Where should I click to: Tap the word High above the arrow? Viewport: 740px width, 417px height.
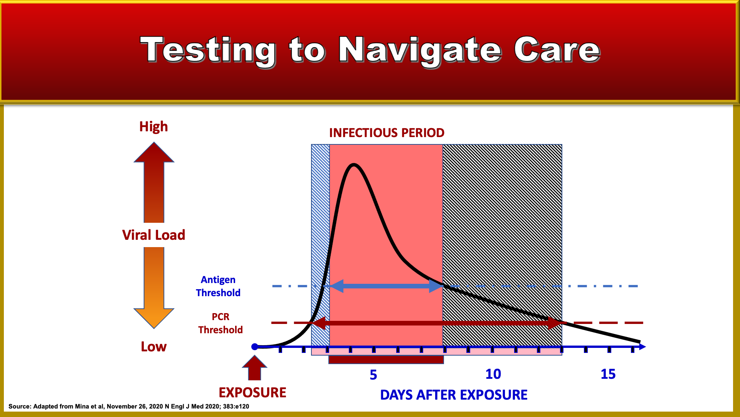(153, 127)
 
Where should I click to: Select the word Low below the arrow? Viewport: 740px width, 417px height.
(153, 346)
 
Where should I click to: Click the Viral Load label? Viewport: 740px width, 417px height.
(153, 235)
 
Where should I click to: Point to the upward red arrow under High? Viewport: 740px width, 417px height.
(154, 182)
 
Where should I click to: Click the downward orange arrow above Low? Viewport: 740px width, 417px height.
(154, 288)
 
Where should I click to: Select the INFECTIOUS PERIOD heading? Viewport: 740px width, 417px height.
(387, 133)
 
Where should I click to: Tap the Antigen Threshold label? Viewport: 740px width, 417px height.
(218, 286)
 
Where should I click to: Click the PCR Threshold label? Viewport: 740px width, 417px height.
(220, 323)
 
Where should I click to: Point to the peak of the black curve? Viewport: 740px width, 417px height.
(354, 165)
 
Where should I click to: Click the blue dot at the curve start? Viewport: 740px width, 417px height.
(255, 347)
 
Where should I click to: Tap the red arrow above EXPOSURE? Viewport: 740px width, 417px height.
(254, 368)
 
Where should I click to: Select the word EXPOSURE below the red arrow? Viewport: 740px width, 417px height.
(252, 392)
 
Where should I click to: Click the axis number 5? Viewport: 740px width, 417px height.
(373, 375)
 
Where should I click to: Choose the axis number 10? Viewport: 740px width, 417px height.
(493, 374)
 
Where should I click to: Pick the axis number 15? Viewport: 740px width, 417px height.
(608, 374)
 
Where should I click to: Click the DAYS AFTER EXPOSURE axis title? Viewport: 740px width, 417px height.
(454, 395)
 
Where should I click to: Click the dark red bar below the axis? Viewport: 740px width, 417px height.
(386, 359)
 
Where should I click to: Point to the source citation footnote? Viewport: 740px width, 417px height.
(129, 406)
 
